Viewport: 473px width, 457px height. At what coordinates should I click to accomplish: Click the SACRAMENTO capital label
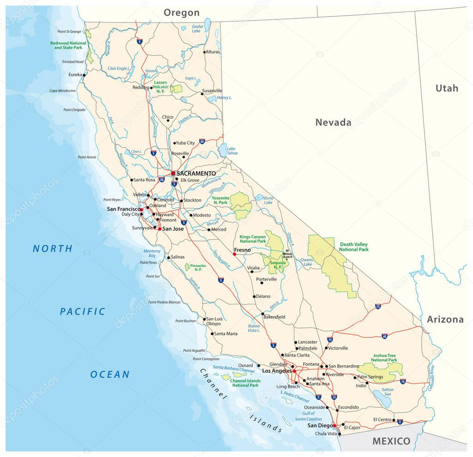196,173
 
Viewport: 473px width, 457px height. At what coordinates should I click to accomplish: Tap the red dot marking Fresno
235,254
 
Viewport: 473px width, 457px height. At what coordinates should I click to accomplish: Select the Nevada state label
333,122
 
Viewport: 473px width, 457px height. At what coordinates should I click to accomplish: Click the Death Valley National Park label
354,247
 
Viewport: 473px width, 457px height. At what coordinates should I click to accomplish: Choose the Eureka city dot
84,74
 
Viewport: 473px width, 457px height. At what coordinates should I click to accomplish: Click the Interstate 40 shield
384,337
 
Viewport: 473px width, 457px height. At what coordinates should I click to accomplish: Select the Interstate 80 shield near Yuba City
202,142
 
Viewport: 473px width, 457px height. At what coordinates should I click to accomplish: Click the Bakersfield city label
274,317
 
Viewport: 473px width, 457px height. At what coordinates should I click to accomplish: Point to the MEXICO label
391,441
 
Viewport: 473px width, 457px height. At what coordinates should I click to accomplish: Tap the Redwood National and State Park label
68,45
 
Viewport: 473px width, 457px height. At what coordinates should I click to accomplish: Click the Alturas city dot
204,52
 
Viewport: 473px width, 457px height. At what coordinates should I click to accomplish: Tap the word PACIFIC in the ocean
83,312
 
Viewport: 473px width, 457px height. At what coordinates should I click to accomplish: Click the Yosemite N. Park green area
241,205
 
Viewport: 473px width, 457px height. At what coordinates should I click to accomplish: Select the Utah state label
447,88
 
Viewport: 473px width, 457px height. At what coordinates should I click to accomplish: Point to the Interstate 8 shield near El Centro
400,421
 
